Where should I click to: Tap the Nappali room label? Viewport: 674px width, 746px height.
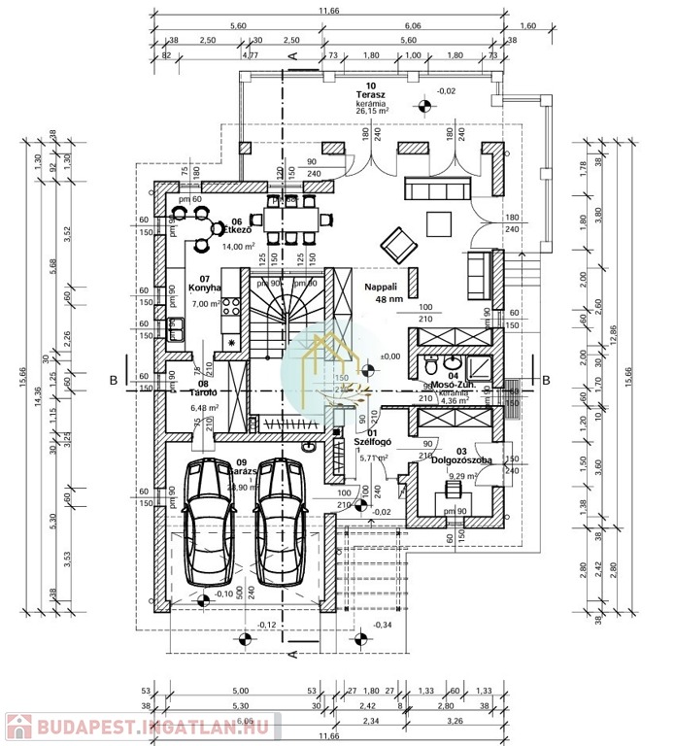click(x=383, y=287)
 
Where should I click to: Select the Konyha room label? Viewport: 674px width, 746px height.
click(x=205, y=288)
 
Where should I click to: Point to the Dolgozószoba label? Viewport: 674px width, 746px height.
click(x=461, y=459)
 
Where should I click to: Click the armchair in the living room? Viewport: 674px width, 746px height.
click(x=396, y=239)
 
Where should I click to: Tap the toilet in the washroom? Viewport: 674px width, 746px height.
click(x=431, y=368)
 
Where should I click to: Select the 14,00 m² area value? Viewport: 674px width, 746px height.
click(x=239, y=247)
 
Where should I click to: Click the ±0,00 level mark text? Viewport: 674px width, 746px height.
click(x=390, y=356)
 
